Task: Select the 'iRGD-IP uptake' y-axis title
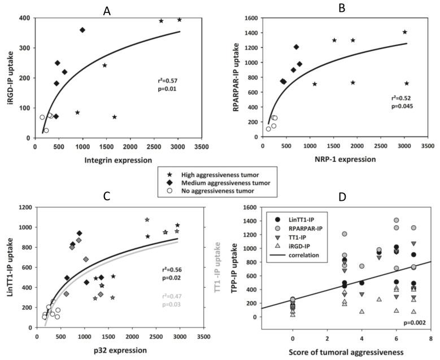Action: point(9,77)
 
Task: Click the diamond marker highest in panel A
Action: point(82,30)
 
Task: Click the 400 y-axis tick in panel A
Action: point(24,18)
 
